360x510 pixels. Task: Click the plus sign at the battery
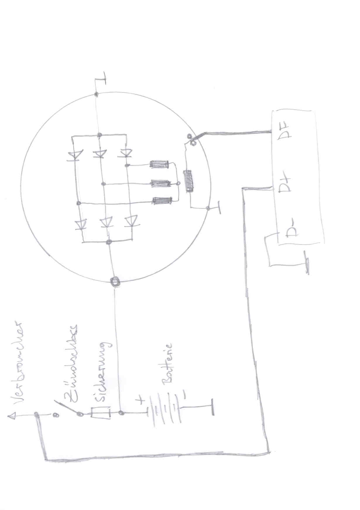141,400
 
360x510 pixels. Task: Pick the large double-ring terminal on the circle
115,282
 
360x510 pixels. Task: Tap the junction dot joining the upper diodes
100,135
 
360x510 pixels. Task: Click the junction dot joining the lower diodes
109,242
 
